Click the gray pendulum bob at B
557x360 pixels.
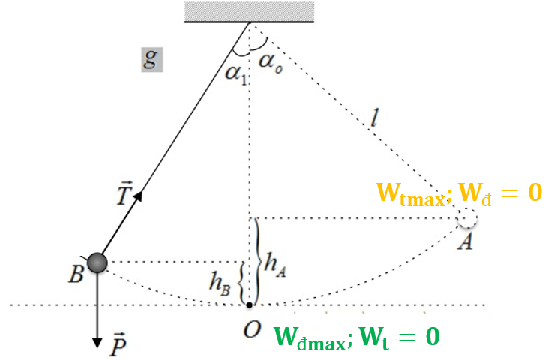(97, 262)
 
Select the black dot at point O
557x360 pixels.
(250, 305)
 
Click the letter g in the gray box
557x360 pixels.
(151, 59)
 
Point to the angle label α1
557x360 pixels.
(236, 74)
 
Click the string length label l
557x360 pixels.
(373, 118)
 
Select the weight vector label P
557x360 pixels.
(118, 344)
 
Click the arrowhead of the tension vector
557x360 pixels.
(139, 196)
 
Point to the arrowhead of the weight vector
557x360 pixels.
(97, 343)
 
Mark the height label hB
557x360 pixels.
(220, 283)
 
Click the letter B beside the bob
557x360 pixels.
(76, 274)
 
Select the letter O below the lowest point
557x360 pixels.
(252, 329)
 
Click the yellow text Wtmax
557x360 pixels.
(411, 194)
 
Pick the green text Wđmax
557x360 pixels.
(310, 337)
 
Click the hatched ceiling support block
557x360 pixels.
(250, 12)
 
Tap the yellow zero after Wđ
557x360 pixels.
(535, 192)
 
